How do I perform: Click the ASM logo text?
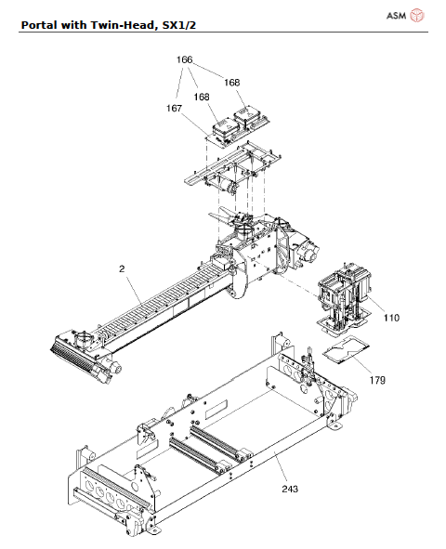point(396,16)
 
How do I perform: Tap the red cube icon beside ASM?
point(417,16)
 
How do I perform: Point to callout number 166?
point(185,60)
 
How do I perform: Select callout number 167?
point(174,109)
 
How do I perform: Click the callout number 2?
point(122,269)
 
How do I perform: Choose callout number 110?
point(390,318)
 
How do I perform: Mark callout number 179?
point(377,380)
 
